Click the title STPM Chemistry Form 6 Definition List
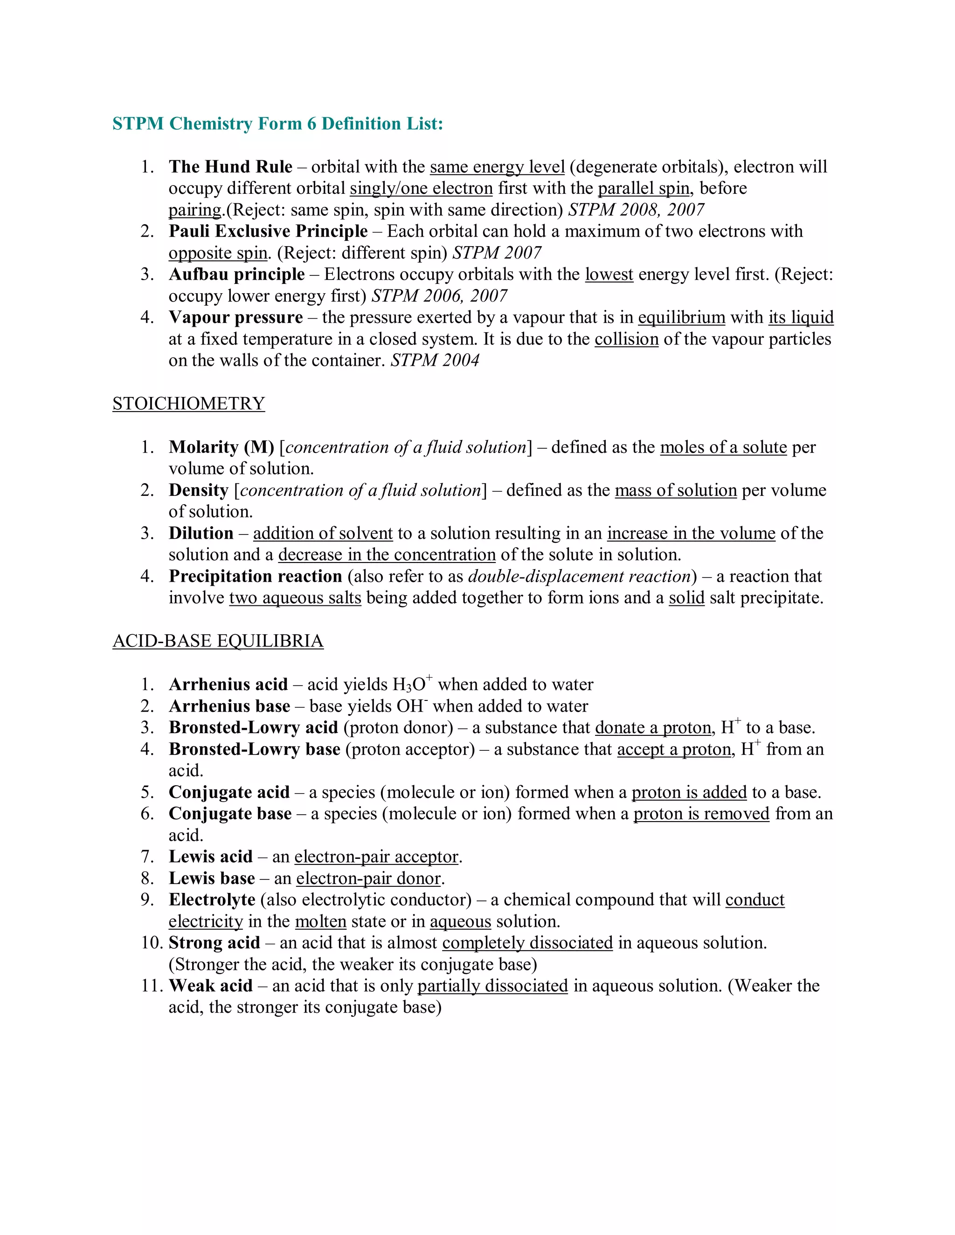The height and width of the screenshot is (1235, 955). pos(277,123)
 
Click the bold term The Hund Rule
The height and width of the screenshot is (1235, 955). pos(230,167)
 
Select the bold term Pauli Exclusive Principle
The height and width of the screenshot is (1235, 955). pos(268,231)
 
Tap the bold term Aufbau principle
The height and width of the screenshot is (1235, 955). pos(236,274)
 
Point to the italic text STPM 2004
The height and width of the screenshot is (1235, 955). pos(435,361)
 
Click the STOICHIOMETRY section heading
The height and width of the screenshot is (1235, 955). pos(188,404)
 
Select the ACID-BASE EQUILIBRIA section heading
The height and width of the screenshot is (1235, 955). pos(218,641)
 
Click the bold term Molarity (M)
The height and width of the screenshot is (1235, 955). pos(221,447)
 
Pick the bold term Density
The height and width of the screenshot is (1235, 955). pos(199,490)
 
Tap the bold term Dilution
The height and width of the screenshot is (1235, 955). pos(201,533)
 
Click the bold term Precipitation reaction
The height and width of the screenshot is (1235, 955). pos(255,576)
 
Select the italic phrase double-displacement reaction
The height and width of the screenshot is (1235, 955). pos(579,576)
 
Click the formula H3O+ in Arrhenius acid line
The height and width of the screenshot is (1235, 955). pos(412,684)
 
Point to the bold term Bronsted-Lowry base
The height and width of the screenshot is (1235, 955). pos(254,749)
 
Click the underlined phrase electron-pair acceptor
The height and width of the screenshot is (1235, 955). pos(376,857)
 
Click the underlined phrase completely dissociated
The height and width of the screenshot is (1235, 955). pos(527,943)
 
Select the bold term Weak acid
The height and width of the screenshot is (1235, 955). pos(210,986)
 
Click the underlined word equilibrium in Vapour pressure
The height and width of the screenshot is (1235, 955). pos(681,318)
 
